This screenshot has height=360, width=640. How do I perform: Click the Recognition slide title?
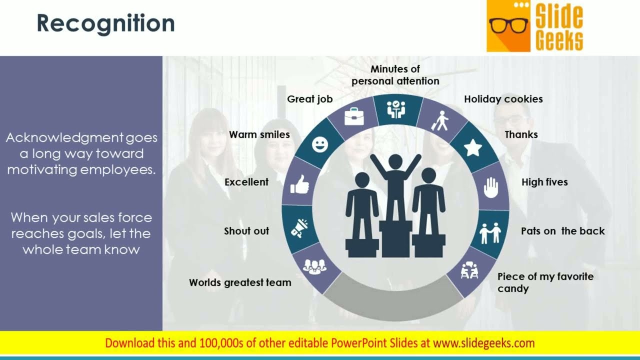point(106,23)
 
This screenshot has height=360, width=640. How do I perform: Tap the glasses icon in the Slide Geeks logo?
point(508,25)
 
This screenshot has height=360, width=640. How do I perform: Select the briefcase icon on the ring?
point(354,116)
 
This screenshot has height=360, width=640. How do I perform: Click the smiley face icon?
point(319,144)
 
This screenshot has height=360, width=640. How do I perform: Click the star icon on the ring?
point(472,147)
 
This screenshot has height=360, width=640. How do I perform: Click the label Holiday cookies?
point(503,99)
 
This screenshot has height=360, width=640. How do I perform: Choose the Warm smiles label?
point(259,134)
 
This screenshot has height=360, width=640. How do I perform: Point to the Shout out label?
point(246,231)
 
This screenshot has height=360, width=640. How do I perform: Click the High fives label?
point(544,182)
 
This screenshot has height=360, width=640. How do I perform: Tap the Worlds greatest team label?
point(240,282)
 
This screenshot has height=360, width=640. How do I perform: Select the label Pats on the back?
point(562,231)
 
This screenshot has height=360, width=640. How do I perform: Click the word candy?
point(513,289)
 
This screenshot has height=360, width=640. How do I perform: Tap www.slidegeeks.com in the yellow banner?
point(483,343)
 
